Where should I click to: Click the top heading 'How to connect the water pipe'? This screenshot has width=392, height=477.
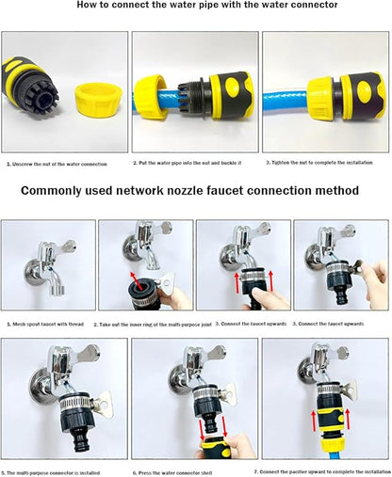tap(194, 7)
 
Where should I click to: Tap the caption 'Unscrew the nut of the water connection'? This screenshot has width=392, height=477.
tap(58, 164)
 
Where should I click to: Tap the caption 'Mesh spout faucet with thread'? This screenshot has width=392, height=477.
tap(48, 325)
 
